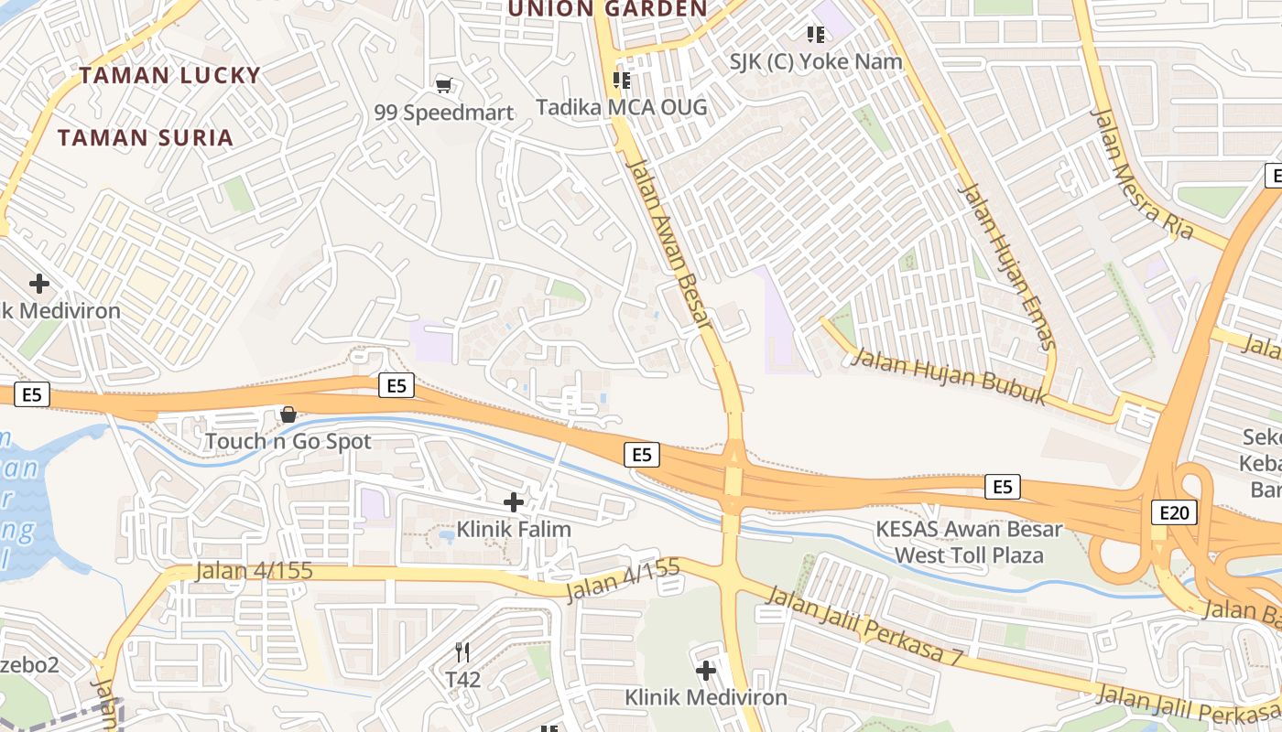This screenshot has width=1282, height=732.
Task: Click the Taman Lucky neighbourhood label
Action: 169,75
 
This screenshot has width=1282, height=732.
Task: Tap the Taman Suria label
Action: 146,138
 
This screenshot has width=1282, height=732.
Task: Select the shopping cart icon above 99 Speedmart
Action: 444,86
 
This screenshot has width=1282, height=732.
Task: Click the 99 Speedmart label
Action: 444,113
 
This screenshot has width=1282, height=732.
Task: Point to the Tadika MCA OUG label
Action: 621,107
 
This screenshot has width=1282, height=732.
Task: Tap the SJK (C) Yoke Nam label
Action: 815,61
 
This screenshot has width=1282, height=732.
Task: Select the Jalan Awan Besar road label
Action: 668,242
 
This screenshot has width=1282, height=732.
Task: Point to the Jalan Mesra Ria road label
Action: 1143,174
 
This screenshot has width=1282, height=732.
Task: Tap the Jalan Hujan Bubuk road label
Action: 949,375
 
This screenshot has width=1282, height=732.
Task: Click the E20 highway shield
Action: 1173,512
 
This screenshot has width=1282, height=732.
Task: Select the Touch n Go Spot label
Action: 288,441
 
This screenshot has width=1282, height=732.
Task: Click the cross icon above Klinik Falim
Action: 514,501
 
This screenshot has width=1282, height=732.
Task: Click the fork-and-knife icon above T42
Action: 462,652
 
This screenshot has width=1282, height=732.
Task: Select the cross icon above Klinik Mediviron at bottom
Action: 705,671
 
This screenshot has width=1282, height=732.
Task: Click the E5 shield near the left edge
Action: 32,394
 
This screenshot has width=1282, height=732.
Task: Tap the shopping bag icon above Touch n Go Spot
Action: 288,414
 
